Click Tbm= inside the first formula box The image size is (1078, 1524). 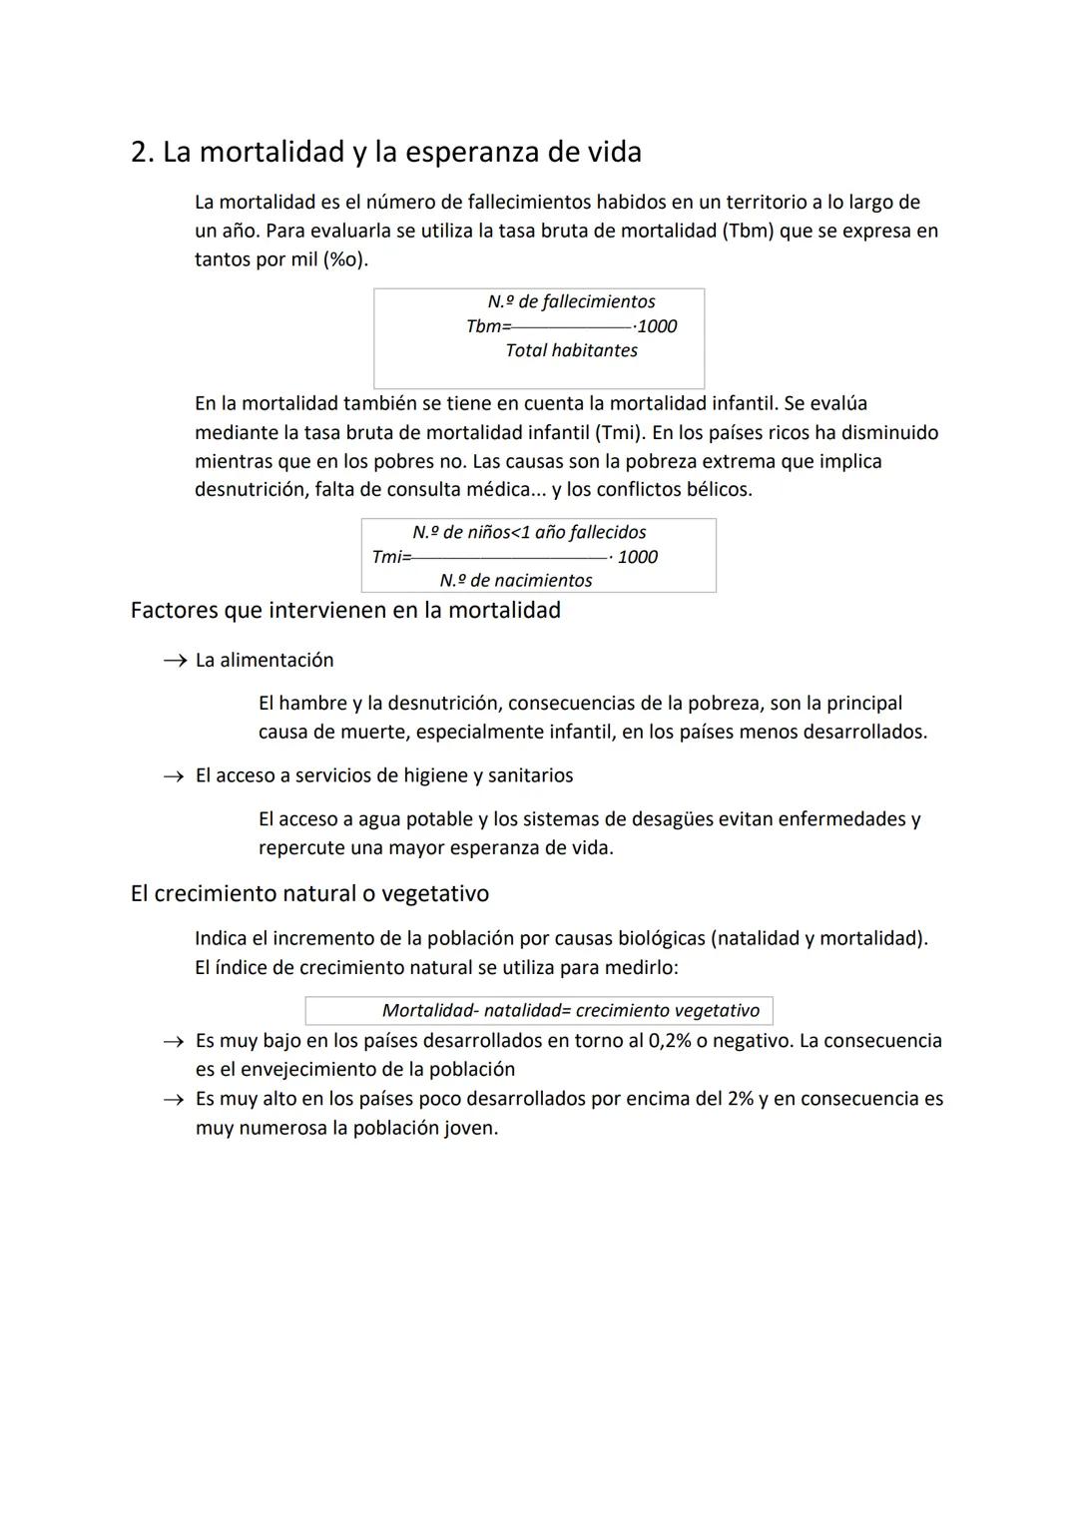click(x=488, y=326)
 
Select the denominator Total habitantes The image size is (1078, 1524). click(x=571, y=350)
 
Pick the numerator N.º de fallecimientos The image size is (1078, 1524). click(x=571, y=301)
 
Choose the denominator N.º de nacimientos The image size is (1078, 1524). click(x=516, y=580)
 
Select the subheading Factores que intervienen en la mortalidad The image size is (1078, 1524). click(x=345, y=610)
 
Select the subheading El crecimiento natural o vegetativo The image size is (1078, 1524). click(x=309, y=893)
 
